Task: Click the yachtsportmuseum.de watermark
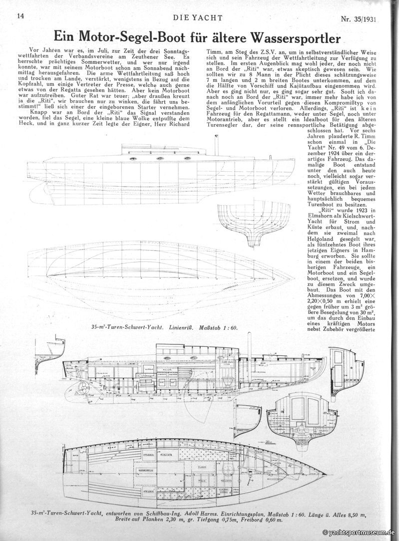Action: point(359,533)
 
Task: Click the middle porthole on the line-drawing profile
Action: point(160,158)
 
